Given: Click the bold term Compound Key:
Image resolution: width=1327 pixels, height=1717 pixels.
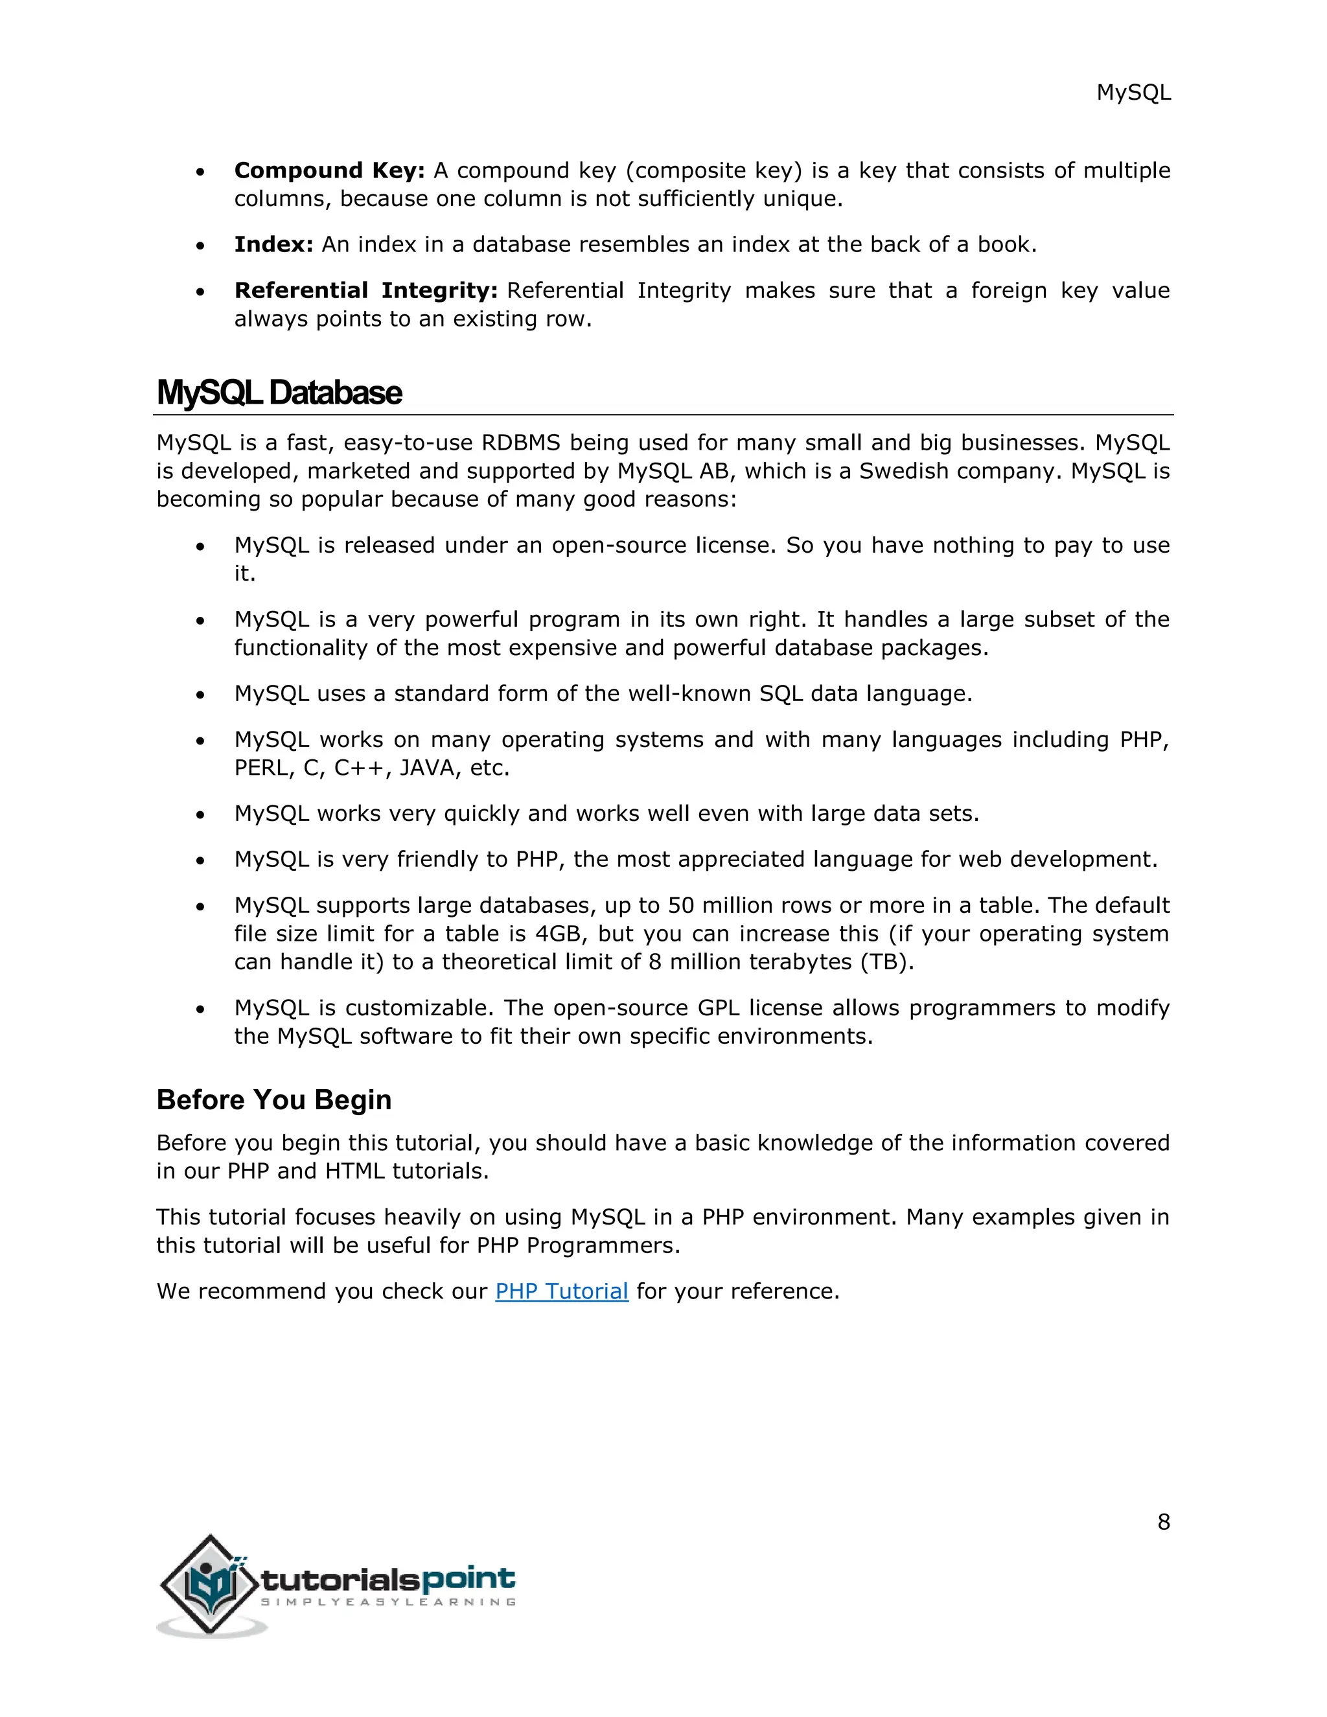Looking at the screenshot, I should [329, 170].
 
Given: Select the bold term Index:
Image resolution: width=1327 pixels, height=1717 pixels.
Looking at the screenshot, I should [273, 244].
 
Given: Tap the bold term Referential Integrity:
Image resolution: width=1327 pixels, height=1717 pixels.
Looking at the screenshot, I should [365, 291].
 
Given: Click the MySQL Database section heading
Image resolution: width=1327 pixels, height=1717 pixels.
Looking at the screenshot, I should [279, 392].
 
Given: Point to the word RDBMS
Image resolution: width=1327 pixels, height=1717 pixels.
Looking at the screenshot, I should [520, 443].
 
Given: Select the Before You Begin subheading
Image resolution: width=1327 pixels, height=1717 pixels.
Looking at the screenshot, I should [273, 1099].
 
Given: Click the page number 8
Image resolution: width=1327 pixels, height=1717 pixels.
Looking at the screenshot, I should [1164, 1522].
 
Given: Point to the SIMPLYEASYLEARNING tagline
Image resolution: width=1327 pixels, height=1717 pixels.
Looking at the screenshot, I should [388, 1602].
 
